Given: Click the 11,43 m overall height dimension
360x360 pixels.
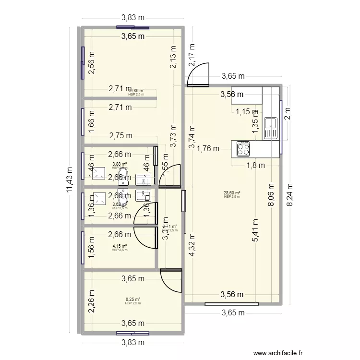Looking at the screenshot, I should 71,179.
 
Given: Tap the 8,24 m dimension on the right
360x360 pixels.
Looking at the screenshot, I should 289,193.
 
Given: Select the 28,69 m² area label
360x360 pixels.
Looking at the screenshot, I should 232,193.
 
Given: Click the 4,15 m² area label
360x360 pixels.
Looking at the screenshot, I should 120,247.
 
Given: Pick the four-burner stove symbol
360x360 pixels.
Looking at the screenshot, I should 242,148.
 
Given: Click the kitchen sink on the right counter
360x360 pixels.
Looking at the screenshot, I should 272,127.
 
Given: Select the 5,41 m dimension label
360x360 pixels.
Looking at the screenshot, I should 255,230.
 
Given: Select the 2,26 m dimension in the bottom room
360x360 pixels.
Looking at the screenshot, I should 92,302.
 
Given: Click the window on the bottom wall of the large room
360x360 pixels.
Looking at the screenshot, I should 231,303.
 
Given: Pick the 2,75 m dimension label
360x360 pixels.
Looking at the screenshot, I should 120,136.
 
